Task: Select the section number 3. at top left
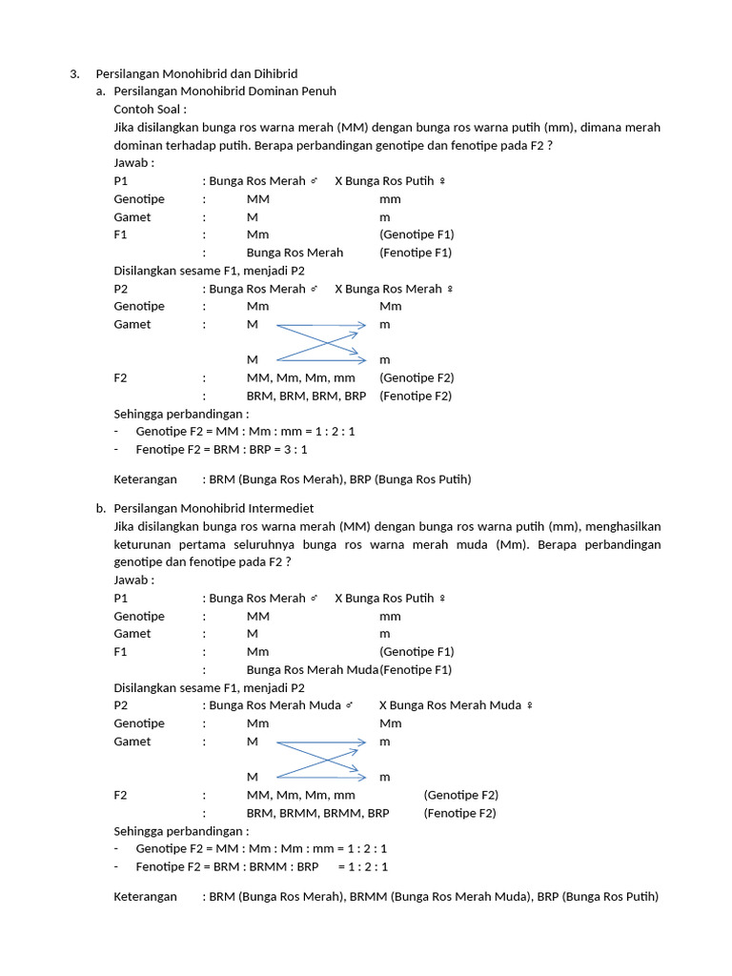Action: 74,73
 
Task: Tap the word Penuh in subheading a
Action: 316,91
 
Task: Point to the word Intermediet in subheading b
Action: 282,509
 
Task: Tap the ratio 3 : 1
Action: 290,449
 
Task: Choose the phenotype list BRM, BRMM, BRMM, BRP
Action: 317,813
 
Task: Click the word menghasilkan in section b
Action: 623,526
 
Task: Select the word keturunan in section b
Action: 142,544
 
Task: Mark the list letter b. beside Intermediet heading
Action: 100,509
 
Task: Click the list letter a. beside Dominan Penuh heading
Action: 100,91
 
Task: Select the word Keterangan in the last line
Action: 145,897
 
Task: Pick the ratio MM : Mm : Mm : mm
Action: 265,848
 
